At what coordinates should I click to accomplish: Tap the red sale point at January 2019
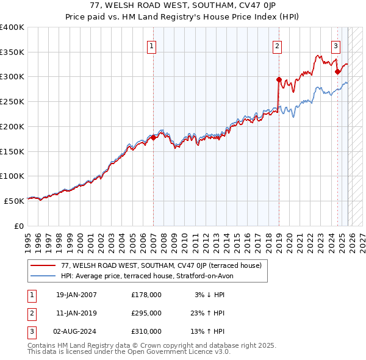click(x=279, y=79)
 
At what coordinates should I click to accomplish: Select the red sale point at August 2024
click(x=337, y=71)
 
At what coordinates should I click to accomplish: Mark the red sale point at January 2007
click(x=153, y=137)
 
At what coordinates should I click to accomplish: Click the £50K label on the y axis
click(x=14, y=201)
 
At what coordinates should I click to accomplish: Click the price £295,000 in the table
click(x=146, y=313)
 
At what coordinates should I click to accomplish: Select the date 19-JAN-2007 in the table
click(x=76, y=295)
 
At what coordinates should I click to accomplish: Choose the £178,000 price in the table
click(x=146, y=295)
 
